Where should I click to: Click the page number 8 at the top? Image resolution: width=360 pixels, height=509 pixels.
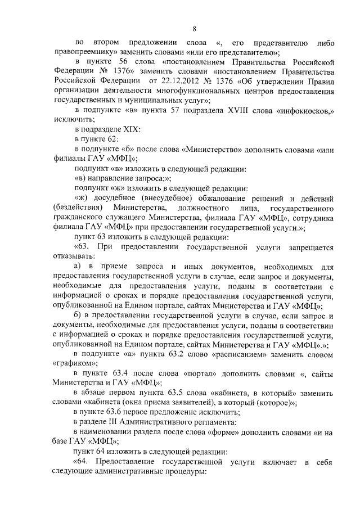(x=194, y=29)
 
